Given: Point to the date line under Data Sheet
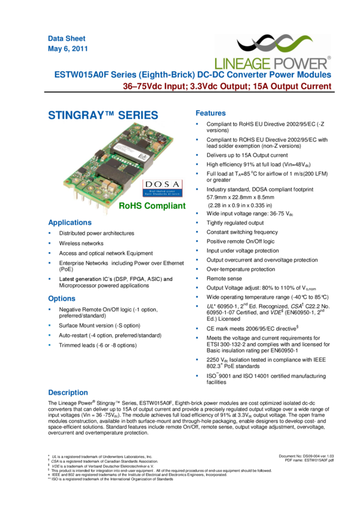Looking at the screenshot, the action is point(68,49).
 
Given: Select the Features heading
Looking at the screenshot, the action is point(211,113).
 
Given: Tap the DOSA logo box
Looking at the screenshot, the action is point(164,187).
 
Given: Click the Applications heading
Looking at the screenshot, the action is point(69,222).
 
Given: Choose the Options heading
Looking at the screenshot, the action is point(62,298).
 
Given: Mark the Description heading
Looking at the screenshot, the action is point(68,393).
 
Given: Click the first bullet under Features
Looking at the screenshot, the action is point(197,125).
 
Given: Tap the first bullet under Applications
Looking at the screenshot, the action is point(49,234).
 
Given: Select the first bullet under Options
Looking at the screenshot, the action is point(49,310).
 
